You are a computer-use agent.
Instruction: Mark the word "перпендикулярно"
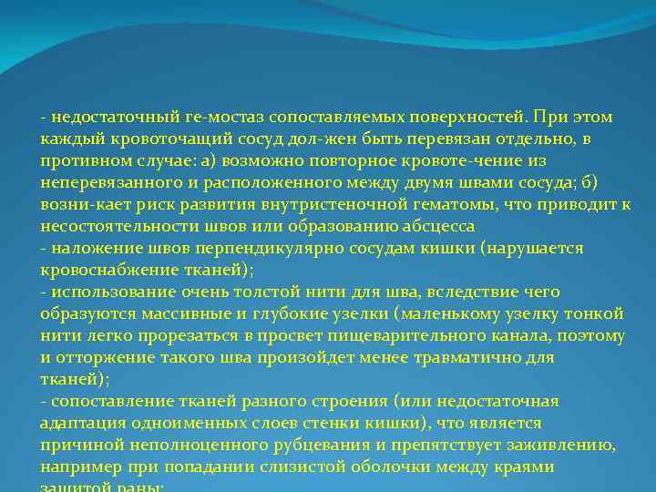292,248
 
